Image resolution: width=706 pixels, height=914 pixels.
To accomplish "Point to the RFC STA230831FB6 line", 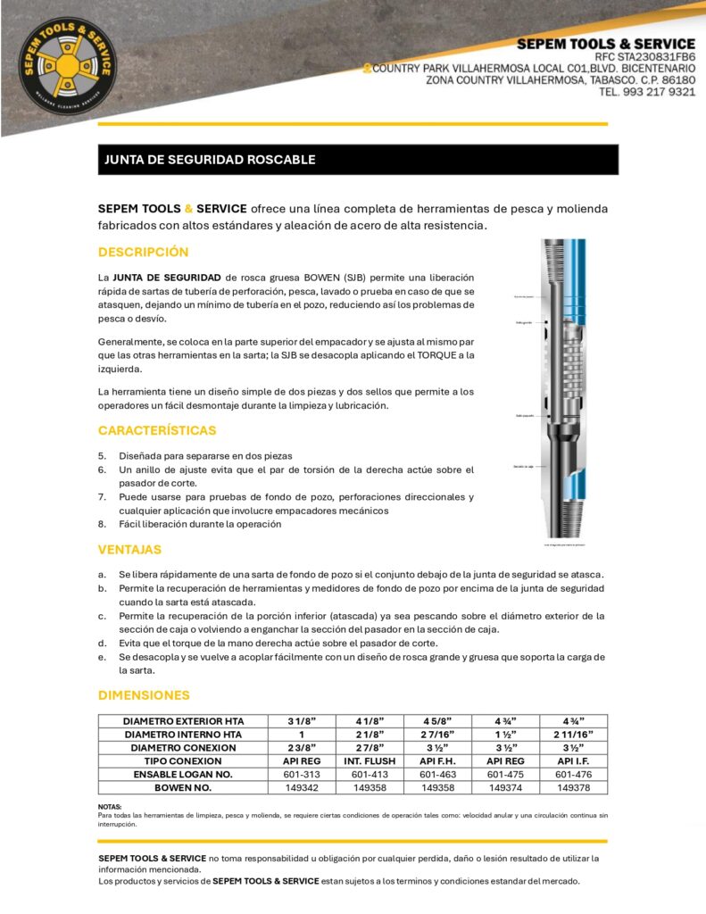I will click(644, 56).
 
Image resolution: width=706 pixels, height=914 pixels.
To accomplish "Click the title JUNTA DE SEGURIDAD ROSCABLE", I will click(211, 160).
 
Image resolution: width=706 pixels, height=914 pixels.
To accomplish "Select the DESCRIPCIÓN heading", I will click(143, 253).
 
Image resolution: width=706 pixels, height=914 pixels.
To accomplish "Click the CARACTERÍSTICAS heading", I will click(157, 430).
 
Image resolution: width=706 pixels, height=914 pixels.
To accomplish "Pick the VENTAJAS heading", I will click(129, 550).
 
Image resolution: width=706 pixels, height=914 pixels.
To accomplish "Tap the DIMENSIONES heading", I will click(144, 694).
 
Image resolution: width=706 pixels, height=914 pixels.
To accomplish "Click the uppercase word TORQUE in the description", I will click(433, 354).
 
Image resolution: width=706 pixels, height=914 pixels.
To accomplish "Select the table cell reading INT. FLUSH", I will click(369, 760).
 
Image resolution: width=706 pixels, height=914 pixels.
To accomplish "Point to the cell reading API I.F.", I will click(573, 760).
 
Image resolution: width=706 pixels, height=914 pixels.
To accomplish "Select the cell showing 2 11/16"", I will click(573, 734).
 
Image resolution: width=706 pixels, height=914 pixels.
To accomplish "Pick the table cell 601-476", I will click(573, 774).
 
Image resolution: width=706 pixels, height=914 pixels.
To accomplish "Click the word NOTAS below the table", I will click(109, 807).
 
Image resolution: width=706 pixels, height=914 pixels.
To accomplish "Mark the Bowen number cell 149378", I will click(573, 787).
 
